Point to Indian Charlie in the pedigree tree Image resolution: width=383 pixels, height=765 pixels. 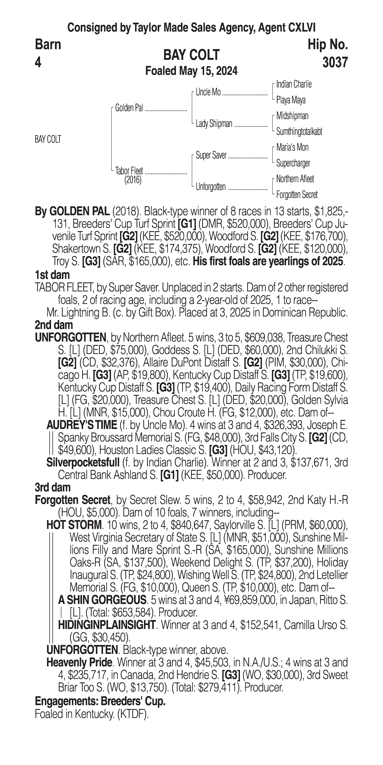(294, 84)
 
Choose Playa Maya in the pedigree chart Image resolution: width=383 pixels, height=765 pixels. (291, 100)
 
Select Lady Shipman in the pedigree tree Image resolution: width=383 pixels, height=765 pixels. (214, 124)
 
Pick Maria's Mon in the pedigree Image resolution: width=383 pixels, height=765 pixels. (292, 147)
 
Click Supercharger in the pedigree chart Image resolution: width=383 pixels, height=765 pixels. (293, 163)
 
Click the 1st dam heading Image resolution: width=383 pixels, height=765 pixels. (52, 275)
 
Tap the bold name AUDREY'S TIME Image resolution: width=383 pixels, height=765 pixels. (82, 425)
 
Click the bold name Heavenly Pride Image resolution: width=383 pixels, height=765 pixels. (80, 662)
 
